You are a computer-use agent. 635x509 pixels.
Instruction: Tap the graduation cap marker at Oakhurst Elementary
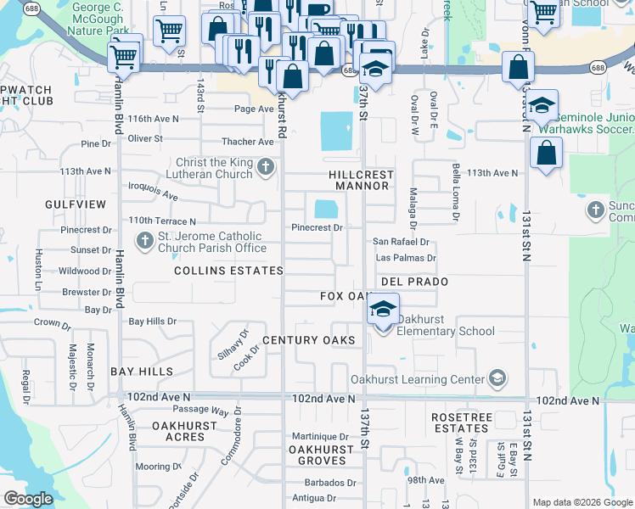point(384,308)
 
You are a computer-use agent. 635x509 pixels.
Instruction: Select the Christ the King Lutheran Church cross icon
point(266,166)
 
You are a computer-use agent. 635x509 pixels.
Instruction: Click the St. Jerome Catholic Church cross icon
point(143,241)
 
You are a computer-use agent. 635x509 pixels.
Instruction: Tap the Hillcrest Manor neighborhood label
point(362,179)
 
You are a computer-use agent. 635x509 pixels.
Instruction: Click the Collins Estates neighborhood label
point(228,271)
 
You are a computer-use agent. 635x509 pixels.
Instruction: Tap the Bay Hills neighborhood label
point(142,372)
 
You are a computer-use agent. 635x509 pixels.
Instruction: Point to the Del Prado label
point(414,281)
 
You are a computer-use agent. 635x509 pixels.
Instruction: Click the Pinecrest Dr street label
point(317,227)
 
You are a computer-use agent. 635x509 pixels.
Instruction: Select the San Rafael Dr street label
point(402,242)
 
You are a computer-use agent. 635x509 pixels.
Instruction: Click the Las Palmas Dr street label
point(405,258)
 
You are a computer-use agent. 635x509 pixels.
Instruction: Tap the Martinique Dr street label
point(321,435)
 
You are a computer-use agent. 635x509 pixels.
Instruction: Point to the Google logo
point(28,499)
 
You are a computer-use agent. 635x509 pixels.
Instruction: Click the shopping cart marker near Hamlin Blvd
point(124,59)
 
